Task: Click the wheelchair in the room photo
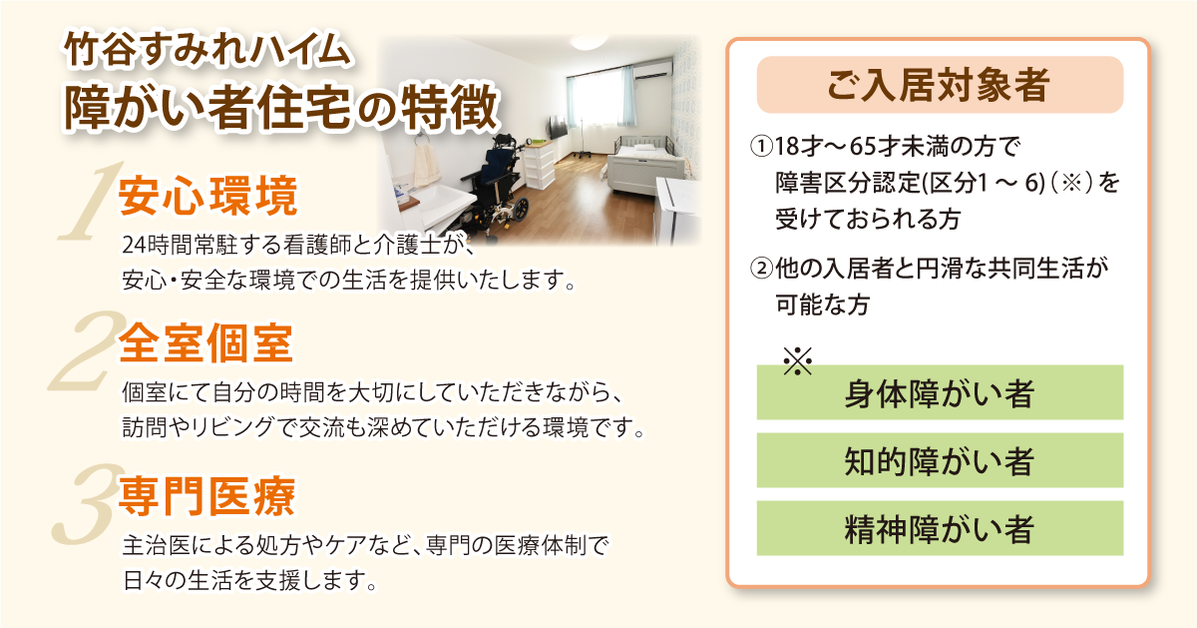click(x=497, y=180)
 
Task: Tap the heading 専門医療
click(x=206, y=496)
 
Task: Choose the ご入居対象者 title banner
click(x=939, y=85)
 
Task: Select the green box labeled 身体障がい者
click(x=939, y=392)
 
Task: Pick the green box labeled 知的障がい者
click(x=939, y=460)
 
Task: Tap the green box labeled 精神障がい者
click(x=939, y=528)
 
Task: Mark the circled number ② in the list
click(x=762, y=269)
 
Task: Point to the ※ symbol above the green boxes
click(x=797, y=360)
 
